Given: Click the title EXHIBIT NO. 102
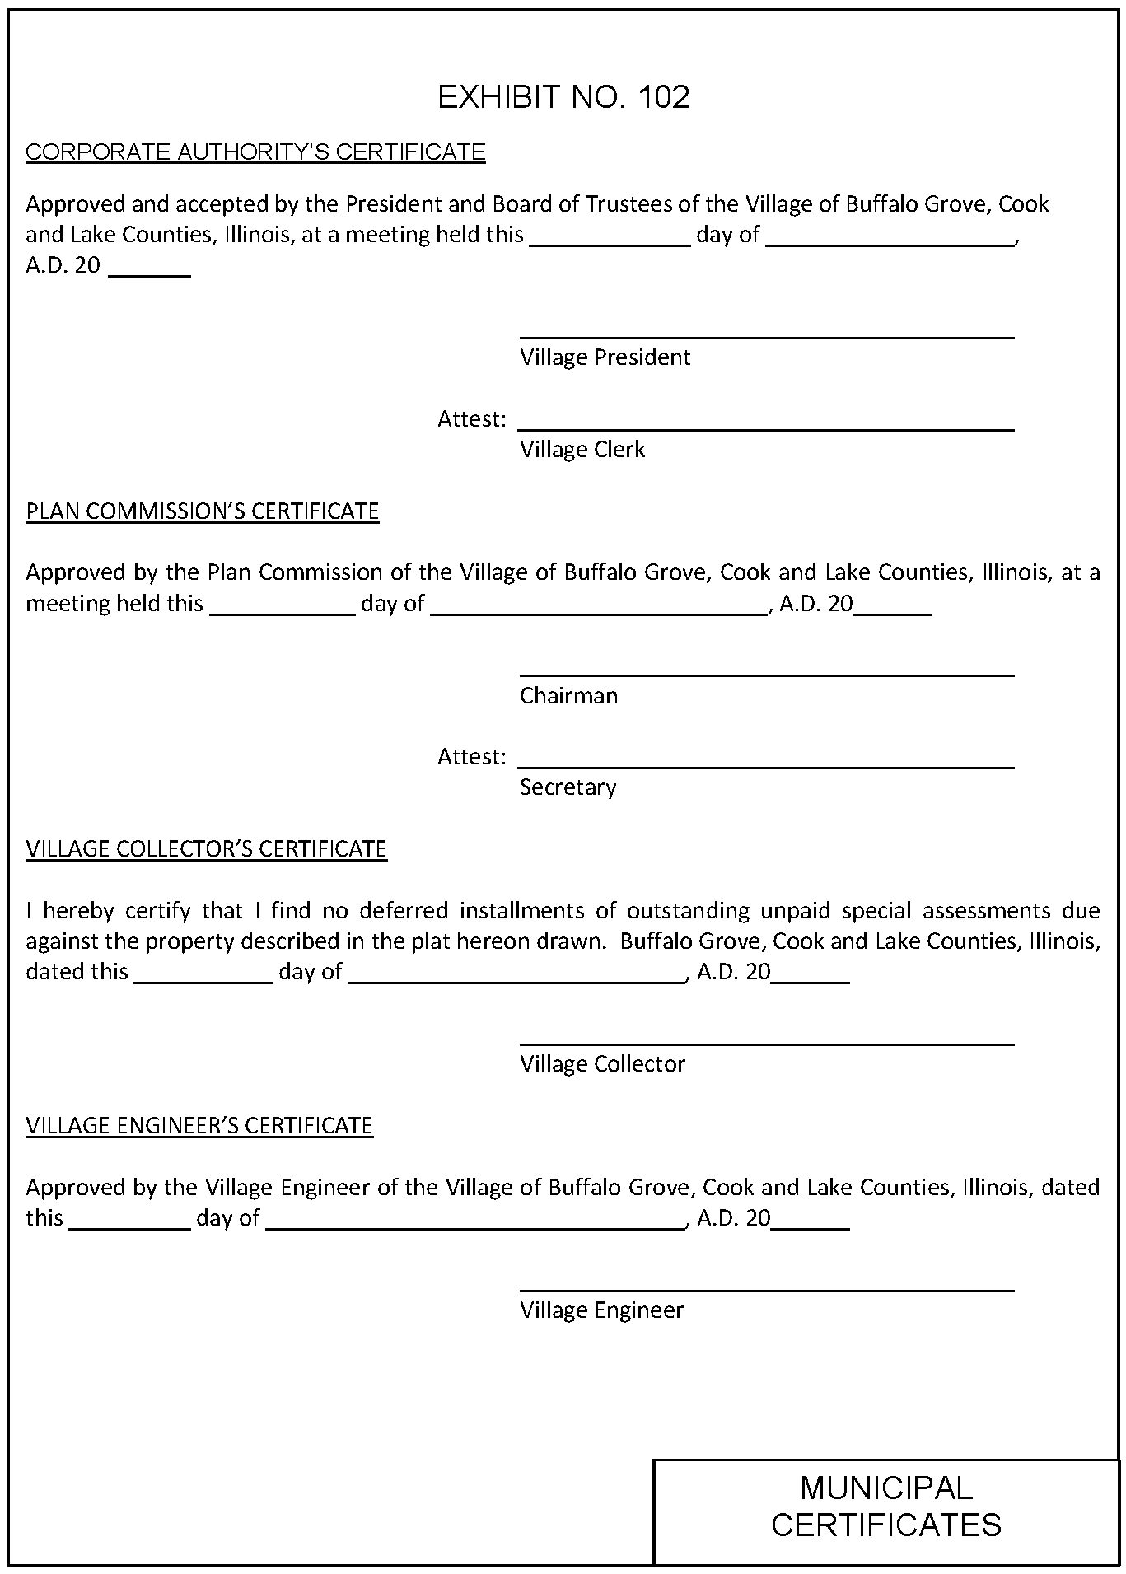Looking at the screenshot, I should [563, 97].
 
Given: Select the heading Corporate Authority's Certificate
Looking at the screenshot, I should [255, 152].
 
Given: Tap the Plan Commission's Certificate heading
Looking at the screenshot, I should [202, 511].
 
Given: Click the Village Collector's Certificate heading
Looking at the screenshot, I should [206, 849].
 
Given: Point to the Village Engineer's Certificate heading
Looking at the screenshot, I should [199, 1126].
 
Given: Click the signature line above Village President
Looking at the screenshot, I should [766, 337].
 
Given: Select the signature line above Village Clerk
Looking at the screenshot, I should [766, 429].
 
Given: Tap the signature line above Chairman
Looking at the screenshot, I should [766, 675].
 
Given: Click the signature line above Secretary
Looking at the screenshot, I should [766, 768].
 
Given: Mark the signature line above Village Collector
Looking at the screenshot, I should [766, 1044].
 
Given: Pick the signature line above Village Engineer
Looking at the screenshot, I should [766, 1291].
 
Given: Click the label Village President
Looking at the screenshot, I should [605, 357].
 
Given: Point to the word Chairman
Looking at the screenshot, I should [568, 696].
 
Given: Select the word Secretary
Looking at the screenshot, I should [568, 788].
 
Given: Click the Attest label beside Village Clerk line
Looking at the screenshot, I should [471, 419].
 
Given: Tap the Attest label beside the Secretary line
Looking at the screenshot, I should [471, 757].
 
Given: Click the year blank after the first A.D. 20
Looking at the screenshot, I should [150, 274].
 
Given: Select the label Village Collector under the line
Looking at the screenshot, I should [602, 1064].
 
